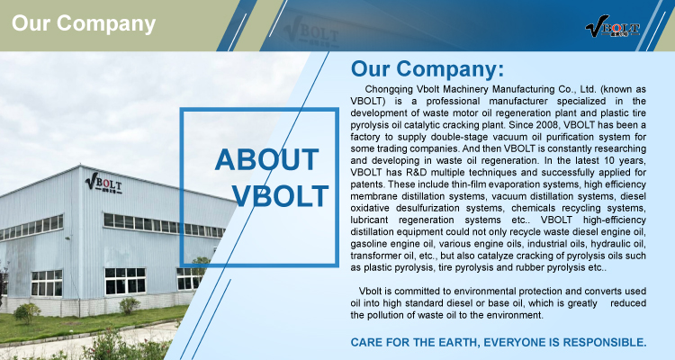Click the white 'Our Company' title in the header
click(84, 23)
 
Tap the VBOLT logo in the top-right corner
click(612, 26)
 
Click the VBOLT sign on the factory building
click(103, 184)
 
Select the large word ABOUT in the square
click(267, 160)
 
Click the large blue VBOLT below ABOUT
click(280, 196)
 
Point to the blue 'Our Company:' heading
click(427, 69)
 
